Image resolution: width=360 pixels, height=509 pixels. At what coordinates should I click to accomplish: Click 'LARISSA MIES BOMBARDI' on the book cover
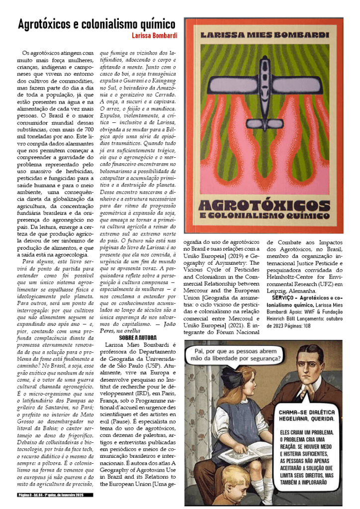pyautogui.click(x=264, y=35)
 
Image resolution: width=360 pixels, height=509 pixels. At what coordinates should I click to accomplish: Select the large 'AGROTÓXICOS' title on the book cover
pyautogui.click(x=264, y=205)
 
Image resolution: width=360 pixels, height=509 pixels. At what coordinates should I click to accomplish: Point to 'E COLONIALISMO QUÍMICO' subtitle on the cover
pyautogui.click(x=264, y=217)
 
